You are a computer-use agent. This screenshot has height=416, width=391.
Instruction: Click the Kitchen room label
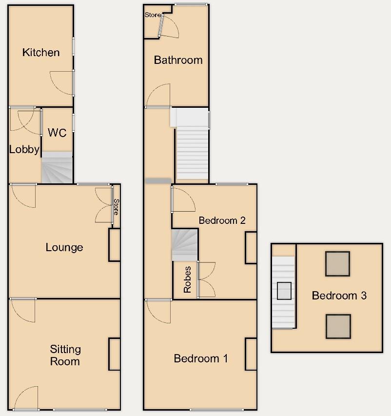click(41, 52)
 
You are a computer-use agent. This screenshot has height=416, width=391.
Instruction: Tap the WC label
click(57, 133)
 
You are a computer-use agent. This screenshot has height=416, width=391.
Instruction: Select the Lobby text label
click(24, 150)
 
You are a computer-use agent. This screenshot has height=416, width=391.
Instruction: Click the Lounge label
click(64, 247)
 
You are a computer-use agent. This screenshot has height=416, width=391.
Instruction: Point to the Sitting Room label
click(65, 355)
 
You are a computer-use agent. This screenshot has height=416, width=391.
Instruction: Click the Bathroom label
click(178, 60)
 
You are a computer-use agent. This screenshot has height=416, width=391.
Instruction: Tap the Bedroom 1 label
click(201, 358)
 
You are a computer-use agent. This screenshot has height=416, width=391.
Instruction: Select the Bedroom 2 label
click(221, 220)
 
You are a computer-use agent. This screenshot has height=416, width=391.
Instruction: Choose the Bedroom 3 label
click(339, 295)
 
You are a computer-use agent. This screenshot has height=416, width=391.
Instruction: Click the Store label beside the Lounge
click(116, 207)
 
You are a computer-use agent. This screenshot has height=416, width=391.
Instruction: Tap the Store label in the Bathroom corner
click(152, 15)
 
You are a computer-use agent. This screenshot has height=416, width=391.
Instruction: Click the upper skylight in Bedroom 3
click(337, 263)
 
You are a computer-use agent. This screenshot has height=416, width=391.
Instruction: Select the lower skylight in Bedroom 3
click(338, 326)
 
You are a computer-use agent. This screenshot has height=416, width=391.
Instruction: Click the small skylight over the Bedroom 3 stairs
click(284, 291)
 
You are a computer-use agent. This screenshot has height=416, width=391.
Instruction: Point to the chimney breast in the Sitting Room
click(115, 354)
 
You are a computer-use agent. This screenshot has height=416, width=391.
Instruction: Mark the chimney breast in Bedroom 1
click(251, 354)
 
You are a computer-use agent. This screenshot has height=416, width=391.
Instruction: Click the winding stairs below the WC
click(57, 168)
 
